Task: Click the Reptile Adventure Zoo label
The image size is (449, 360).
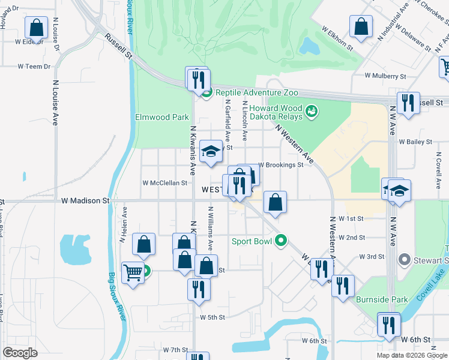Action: pyautogui.click(x=256, y=93)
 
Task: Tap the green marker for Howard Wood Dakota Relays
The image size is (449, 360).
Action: pyautogui.click(x=311, y=110)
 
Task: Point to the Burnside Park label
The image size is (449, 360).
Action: pyautogui.click(x=382, y=299)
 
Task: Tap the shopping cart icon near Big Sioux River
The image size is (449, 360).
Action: pyautogui.click(x=132, y=273)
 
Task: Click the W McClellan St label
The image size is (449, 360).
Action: pyautogui.click(x=165, y=183)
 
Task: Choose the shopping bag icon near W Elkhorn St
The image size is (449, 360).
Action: pyautogui.click(x=361, y=27)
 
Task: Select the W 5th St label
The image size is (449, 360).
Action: pyautogui.click(x=212, y=317)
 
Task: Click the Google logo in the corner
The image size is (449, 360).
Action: pyautogui.click(x=20, y=353)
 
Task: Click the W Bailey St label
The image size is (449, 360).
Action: pyautogui.click(x=415, y=142)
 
